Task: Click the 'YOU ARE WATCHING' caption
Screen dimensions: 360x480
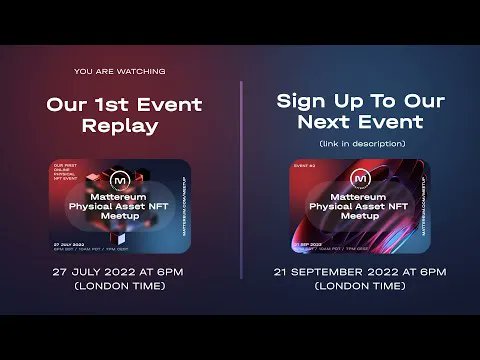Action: coord(120,72)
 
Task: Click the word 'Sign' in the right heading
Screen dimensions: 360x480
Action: coord(304,101)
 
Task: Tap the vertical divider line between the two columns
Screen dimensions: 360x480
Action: coord(241,180)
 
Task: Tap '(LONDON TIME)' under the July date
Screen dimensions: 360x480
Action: coord(120,287)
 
